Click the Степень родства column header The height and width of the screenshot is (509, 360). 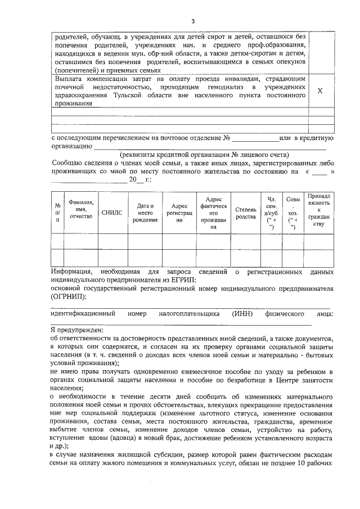[245, 212]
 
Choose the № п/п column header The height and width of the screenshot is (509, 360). [57, 213]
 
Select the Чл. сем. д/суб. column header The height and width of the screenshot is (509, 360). [271, 213]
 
